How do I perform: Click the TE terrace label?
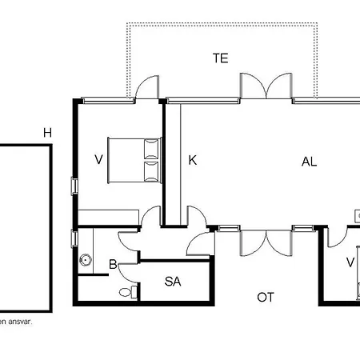pos(221,58)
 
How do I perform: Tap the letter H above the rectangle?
pos(47,133)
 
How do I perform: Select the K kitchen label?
pos(193,160)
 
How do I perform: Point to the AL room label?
pos(309,162)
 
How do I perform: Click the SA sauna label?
pos(173,282)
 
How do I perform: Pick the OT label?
pos(266,297)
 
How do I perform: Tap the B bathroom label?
pos(113,264)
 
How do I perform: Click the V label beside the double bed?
pos(98,159)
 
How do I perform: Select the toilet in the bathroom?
pos(128,292)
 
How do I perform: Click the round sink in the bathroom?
pos(86,259)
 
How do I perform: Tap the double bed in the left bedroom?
pos(134,160)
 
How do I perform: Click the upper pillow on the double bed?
pos(151,149)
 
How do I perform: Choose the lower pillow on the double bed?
pos(151,172)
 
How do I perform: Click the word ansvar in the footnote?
pos(20,322)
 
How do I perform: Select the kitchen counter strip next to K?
pos(173,164)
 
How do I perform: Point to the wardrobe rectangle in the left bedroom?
pos(108,218)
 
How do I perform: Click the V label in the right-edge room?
pos(350,262)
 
